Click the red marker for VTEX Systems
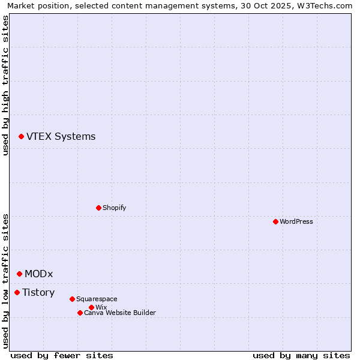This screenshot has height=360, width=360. (21, 137)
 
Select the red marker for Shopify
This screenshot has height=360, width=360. (98, 208)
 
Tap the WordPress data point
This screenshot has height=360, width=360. (275, 221)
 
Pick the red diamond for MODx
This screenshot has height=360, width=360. (19, 274)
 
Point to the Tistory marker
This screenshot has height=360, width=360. (17, 292)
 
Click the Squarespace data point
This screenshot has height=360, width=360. (72, 299)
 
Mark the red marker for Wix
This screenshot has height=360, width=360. (91, 307)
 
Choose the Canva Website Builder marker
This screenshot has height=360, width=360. (80, 313)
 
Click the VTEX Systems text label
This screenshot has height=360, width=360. (61, 137)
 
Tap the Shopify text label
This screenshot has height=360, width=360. (114, 208)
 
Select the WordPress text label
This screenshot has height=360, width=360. (296, 221)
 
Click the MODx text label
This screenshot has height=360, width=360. (38, 274)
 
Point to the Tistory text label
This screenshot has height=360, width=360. (38, 292)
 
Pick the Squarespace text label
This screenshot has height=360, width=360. (97, 299)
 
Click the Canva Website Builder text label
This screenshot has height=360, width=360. (119, 313)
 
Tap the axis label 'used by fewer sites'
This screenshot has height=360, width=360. (62, 355)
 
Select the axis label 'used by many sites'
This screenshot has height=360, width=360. (301, 355)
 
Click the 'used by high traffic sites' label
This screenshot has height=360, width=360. (5, 85)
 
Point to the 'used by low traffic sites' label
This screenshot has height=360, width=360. (5, 280)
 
